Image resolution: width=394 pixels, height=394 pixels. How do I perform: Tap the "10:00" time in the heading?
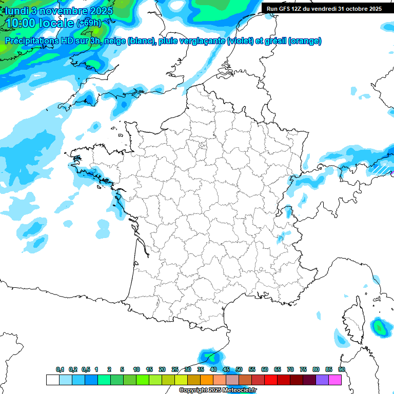pos(22,24)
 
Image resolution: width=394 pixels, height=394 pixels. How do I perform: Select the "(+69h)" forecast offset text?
pos(89,23)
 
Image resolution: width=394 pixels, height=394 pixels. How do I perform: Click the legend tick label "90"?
pos(342,369)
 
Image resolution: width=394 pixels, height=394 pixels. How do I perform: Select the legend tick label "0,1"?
pos(60,369)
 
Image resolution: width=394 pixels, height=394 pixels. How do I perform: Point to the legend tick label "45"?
pos(226,369)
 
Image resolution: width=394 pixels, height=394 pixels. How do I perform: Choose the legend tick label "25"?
pos(175,369)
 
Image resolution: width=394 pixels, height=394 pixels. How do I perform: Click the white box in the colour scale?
pos(52,380)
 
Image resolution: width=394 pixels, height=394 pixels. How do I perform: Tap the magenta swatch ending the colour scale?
pos(335,380)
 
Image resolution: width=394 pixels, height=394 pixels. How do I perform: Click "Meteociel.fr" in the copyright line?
pos(240,390)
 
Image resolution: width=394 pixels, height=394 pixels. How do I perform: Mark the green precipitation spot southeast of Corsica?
pos(380,327)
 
